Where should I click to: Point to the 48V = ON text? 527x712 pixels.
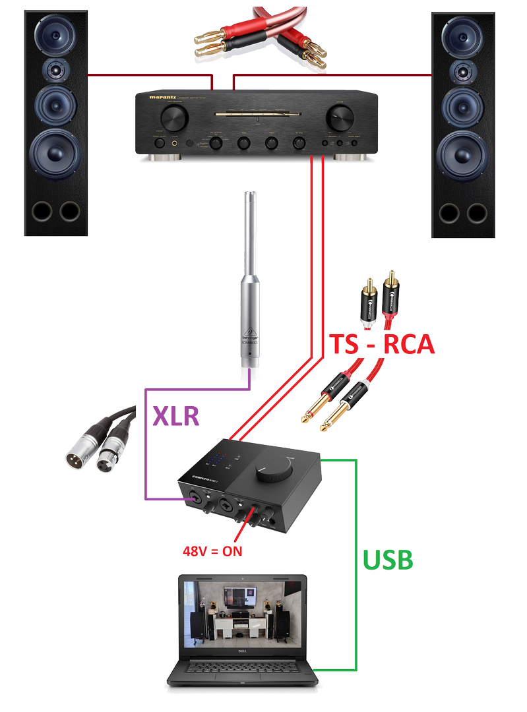[212, 550]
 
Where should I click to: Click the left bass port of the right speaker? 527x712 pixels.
[450, 213]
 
